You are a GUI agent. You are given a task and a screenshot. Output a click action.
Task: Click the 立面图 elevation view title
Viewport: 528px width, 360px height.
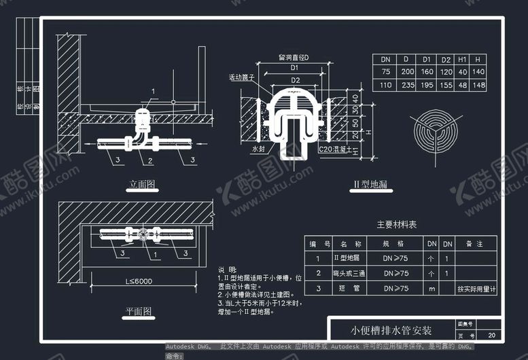pos(143,184)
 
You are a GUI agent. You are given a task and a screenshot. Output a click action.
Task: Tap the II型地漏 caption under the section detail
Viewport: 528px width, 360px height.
pos(370,185)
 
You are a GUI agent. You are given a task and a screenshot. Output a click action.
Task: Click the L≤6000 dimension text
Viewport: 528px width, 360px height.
pos(138,281)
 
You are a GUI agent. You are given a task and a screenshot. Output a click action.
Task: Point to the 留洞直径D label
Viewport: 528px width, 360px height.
pos(294,58)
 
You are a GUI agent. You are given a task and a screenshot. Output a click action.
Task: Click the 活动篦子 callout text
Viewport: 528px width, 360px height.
pos(241,78)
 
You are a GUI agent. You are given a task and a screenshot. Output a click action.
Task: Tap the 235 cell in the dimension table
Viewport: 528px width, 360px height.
pos(408,86)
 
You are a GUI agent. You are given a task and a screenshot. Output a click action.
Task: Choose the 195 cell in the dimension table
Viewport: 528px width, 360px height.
pos(427,86)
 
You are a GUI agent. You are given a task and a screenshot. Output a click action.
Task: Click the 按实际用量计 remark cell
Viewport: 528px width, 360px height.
pos(476,289)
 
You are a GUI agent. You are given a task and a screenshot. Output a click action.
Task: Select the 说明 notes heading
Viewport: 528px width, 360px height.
pos(228,270)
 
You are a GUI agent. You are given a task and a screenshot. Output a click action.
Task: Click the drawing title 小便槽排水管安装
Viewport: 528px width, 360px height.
pos(391,331)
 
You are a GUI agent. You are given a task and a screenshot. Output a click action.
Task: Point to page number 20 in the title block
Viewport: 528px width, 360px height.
pos(491,336)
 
